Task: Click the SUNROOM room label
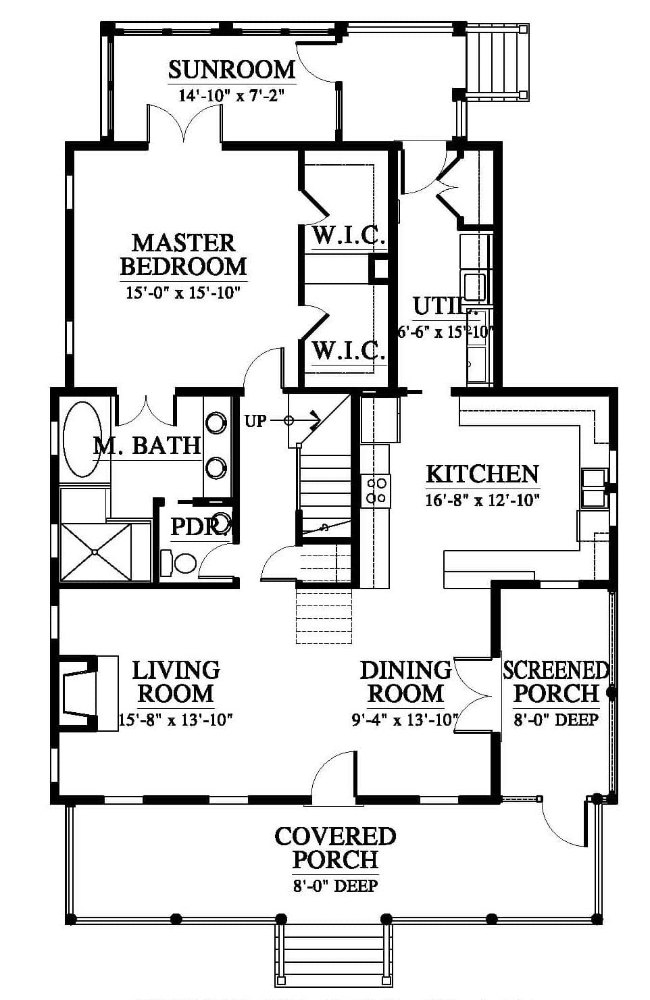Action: [232, 70]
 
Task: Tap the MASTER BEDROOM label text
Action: [183, 255]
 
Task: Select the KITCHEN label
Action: [482, 474]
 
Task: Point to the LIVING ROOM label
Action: [176, 682]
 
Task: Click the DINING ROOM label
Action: [405, 682]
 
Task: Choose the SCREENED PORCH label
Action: [556, 682]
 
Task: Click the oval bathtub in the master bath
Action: [82, 440]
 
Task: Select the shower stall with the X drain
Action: [95, 552]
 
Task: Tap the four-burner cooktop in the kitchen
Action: [376, 491]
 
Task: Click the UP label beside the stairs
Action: [255, 421]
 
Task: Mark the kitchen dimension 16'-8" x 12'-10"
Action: [482, 501]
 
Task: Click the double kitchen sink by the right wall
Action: [593, 489]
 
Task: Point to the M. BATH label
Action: [147, 445]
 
